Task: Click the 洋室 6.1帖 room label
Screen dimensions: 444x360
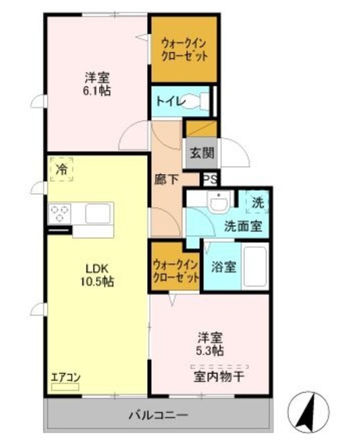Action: [x=98, y=84]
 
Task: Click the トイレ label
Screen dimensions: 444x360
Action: [x=170, y=102]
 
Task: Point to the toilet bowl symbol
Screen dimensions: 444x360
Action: [x=203, y=101]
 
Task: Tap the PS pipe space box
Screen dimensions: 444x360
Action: [x=210, y=179]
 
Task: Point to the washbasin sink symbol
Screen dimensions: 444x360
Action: [x=218, y=203]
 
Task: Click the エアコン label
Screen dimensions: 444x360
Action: [x=66, y=378]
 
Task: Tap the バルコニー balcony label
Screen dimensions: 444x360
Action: [x=158, y=416]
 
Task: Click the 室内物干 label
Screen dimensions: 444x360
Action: [x=218, y=377]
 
